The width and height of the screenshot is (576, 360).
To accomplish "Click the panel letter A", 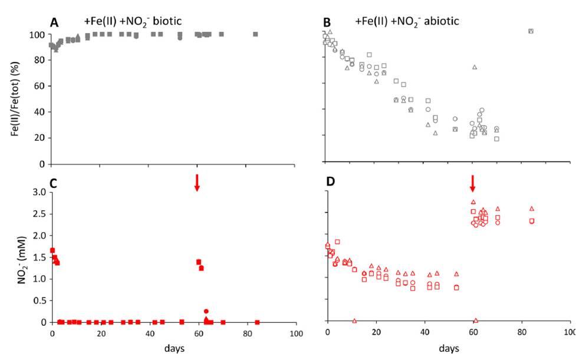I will (54, 22).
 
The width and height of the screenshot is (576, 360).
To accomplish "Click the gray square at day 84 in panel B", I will (531, 31).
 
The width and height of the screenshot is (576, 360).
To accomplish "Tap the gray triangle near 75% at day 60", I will (474, 67).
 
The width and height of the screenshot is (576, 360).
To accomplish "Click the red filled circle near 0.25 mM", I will (206, 311).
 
